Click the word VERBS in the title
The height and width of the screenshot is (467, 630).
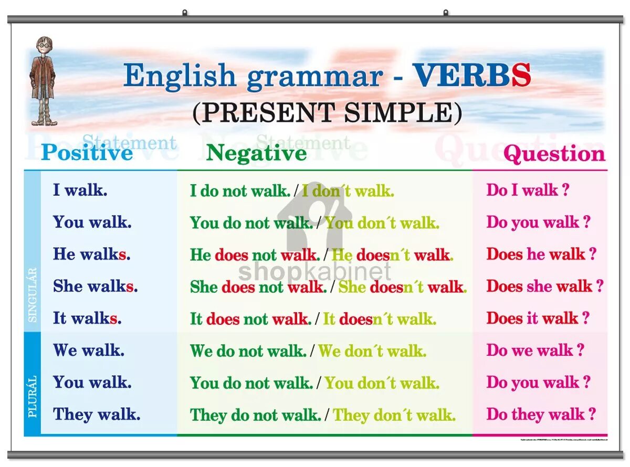[x=471, y=76]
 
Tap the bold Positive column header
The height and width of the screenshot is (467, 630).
[x=87, y=153]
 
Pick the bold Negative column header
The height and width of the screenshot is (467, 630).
[x=256, y=153]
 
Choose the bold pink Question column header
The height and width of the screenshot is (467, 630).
[x=554, y=154]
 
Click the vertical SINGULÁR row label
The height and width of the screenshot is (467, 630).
[x=33, y=295]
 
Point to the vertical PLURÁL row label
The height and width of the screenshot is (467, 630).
[x=33, y=396]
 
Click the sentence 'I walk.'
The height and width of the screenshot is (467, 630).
[x=80, y=190]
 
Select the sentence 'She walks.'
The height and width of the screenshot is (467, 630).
[x=95, y=286]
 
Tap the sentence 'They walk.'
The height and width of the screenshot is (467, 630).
[x=97, y=415]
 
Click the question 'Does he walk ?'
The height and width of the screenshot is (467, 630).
[x=541, y=254]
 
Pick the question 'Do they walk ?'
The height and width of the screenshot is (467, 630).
[x=541, y=415]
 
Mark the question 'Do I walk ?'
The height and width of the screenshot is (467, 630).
[x=528, y=190]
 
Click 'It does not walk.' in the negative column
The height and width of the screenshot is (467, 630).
[x=250, y=319]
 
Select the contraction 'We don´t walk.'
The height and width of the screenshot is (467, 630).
[x=372, y=351]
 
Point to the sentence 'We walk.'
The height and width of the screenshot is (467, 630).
[x=88, y=351]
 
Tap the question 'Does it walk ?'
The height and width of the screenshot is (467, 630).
[x=538, y=319]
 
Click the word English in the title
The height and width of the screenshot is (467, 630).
[x=180, y=76]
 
